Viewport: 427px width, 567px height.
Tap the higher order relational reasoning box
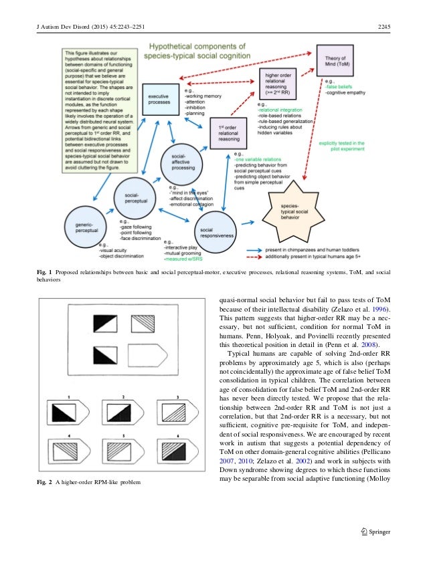click(x=277, y=83)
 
